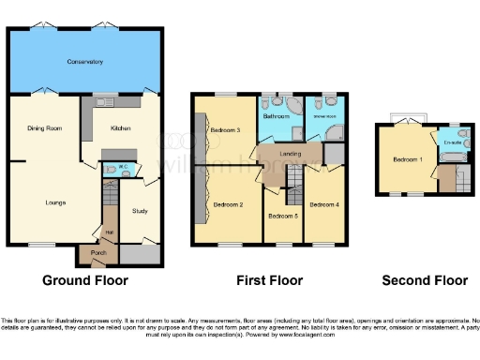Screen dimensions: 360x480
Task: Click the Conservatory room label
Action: point(84,62)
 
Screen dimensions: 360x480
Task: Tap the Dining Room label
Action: point(44,127)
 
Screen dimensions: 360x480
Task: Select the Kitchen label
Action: point(122,127)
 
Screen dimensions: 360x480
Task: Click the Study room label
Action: point(141,211)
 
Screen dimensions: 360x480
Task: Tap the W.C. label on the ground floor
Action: point(122,169)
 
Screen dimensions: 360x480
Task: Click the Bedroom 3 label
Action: point(226,129)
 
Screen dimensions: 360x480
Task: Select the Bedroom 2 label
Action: point(228,204)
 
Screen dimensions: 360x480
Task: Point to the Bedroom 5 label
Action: point(282,217)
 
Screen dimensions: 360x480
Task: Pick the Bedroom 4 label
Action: point(323,204)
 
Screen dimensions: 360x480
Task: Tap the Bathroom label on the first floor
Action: point(276,118)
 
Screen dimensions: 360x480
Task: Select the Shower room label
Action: point(325,118)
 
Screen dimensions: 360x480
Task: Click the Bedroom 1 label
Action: point(408,160)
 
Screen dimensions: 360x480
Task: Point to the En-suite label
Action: point(451,144)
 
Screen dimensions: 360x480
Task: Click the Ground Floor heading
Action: point(85,280)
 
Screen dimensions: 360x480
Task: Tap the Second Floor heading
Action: point(425,280)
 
